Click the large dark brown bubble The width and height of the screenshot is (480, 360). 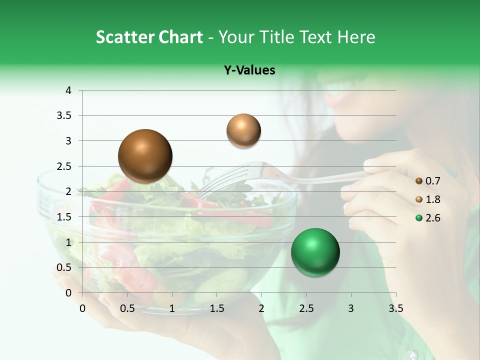145,156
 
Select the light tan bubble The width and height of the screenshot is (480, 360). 243,130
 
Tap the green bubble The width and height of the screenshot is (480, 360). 315,252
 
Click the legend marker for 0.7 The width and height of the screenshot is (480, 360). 419,181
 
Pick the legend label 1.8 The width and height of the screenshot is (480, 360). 433,199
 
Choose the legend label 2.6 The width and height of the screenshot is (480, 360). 433,218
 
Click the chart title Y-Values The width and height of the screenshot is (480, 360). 249,70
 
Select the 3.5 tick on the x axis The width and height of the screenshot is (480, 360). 395,308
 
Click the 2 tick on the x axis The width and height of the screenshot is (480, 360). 261,308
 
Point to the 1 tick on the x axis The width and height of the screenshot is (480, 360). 172,308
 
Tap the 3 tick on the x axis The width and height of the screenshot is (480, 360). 351,308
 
